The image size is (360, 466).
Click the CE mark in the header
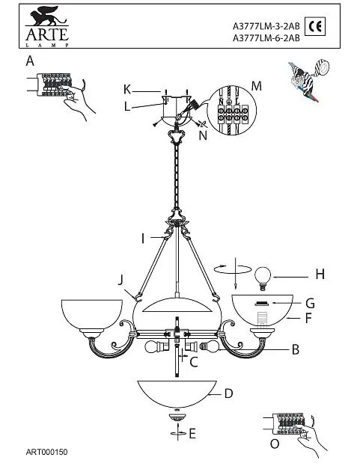point(315,26)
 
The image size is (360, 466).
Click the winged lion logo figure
point(48,16)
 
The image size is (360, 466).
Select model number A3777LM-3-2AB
point(266,26)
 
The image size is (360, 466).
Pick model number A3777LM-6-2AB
point(266,38)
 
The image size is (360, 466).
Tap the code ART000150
point(46,452)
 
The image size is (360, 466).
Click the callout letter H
point(320,274)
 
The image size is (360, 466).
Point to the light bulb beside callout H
point(263,278)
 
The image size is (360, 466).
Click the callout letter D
point(228,393)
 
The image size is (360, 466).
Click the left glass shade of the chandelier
point(91,314)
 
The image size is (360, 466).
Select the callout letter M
point(256,86)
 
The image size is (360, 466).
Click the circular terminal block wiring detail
point(231,110)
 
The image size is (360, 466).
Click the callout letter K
point(127,89)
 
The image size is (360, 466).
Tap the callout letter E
point(192,434)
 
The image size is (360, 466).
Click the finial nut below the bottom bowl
point(177,416)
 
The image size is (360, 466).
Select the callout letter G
point(310,304)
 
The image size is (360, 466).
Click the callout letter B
point(295,349)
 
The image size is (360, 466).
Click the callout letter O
point(275,444)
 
